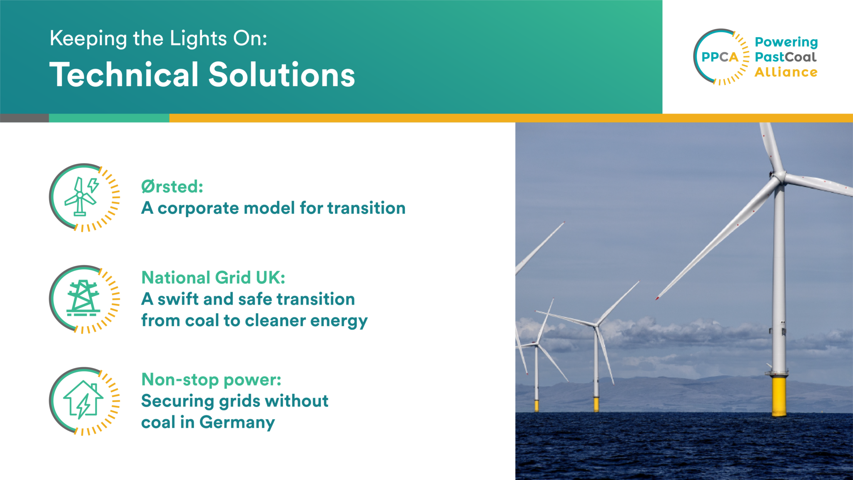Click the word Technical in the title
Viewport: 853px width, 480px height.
coord(124,75)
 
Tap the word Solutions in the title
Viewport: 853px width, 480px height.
coord(282,75)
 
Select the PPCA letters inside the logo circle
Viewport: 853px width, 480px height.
coord(719,57)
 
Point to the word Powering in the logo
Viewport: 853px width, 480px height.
coord(786,42)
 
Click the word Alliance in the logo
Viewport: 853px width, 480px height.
coord(786,72)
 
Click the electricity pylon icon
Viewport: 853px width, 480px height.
coord(83,298)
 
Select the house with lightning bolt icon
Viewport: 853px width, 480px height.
coord(83,400)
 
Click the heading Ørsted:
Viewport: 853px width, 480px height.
coord(172,187)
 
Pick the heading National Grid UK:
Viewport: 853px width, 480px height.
coord(213,277)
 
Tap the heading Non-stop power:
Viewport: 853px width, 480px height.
coord(211,380)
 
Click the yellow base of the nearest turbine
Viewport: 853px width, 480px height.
coord(778,396)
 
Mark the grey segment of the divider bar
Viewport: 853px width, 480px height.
coord(24,118)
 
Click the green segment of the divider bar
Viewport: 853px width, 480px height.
coord(109,118)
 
